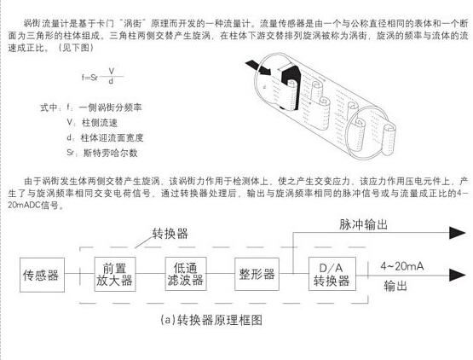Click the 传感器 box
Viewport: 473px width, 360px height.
[x=42, y=275]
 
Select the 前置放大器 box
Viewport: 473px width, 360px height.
[x=115, y=274]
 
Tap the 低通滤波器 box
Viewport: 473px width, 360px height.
[x=186, y=274]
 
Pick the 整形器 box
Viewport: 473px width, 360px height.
[x=257, y=274]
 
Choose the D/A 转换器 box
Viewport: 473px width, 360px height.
[x=332, y=274]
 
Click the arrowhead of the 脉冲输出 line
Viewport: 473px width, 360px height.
[x=458, y=233]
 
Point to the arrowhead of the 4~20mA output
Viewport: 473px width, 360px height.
[x=458, y=275]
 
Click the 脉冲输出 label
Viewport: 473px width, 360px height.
[x=363, y=224]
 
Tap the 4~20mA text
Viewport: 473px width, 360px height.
[x=402, y=266]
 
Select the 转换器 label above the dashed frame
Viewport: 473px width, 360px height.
[x=170, y=234]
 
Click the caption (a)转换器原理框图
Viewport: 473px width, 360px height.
[x=211, y=320]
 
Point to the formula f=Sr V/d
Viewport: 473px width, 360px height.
[x=102, y=76]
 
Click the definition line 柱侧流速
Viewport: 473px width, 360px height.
[x=92, y=123]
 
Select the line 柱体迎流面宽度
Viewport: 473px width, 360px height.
[x=105, y=137]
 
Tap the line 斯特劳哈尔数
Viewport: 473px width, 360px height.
[x=102, y=153]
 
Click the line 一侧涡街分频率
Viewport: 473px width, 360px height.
[x=104, y=107]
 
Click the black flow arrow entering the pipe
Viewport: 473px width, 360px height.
[x=258, y=67]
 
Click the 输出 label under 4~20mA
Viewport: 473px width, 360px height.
[x=395, y=286]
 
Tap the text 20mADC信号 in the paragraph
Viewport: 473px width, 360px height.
[x=33, y=206]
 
